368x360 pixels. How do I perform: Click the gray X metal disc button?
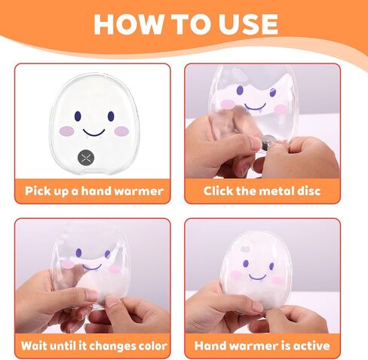pyautogui.click(x=86, y=158)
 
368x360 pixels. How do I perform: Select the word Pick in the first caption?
pyautogui.click(x=34, y=191)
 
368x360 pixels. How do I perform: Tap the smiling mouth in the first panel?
pyautogui.click(x=94, y=133)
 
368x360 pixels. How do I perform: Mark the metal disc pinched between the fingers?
pyautogui.click(x=267, y=140)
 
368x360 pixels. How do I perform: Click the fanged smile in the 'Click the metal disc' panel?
pyautogui.click(x=255, y=107)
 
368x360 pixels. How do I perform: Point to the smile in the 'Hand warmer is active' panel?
pyautogui.click(x=257, y=278)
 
